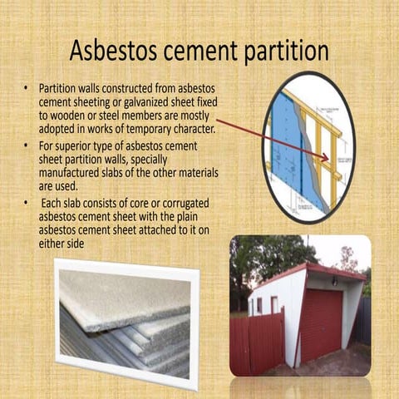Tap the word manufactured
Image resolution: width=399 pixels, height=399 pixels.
pos(74,175)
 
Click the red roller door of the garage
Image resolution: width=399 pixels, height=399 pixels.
pos(320,325)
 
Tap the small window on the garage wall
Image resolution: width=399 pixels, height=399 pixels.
pos(273,304)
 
